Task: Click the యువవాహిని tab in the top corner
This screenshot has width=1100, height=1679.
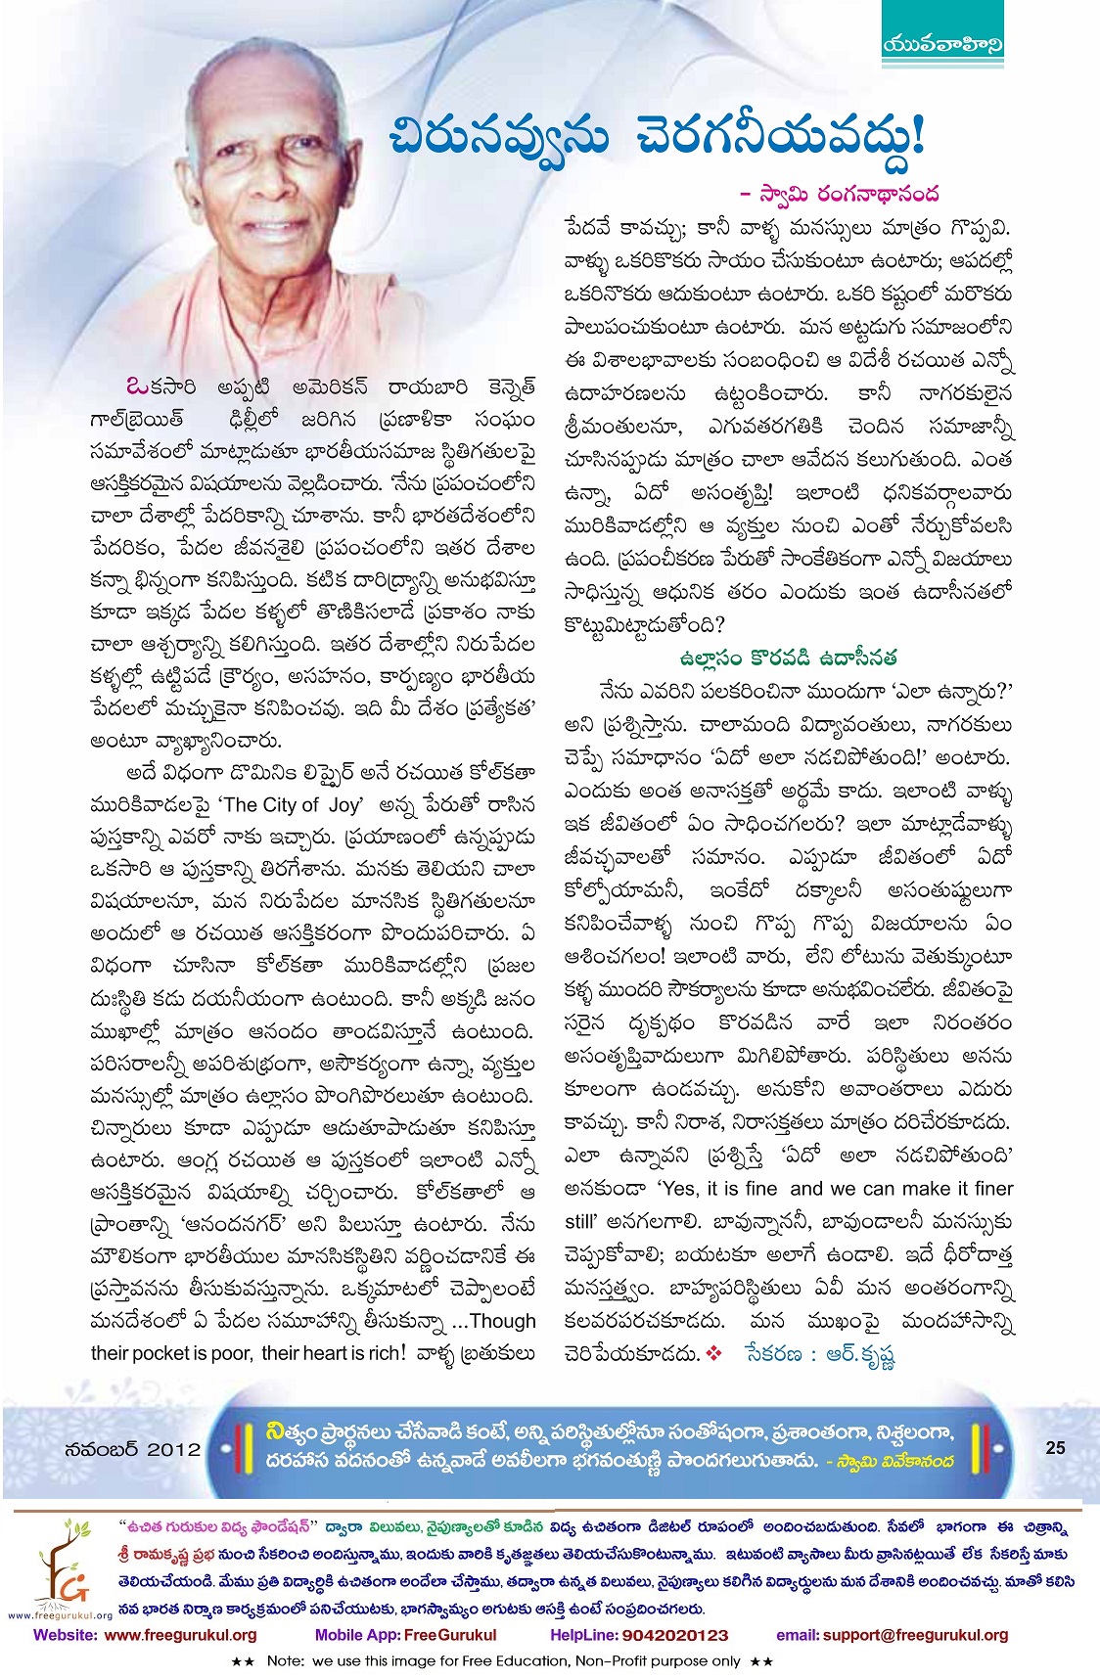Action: point(942,44)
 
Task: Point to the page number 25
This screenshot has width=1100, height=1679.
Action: point(1055,1447)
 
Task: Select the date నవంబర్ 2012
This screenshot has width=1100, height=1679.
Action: point(132,1449)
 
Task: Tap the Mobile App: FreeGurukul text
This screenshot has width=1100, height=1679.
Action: point(405,1634)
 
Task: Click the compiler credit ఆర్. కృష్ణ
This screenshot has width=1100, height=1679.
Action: point(861,1354)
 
